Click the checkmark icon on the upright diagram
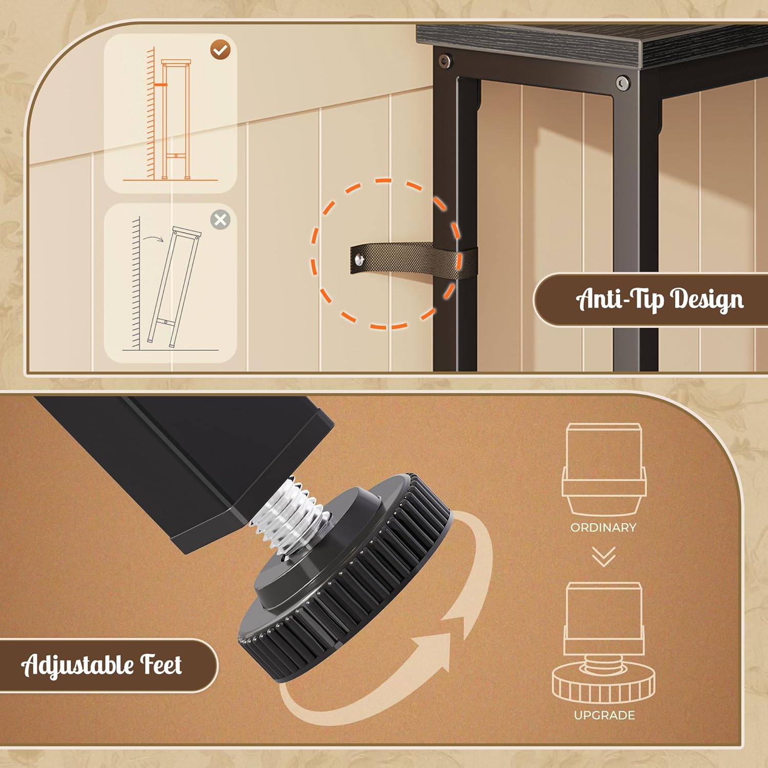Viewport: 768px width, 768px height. (x=221, y=50)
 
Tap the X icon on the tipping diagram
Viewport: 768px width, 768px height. (x=220, y=220)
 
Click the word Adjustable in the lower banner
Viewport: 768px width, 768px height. (x=77, y=666)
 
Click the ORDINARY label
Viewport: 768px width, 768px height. (x=603, y=527)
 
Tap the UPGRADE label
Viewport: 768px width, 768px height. (x=604, y=715)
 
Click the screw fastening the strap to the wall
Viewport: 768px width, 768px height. (x=361, y=260)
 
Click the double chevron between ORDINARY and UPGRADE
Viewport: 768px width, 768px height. (x=604, y=557)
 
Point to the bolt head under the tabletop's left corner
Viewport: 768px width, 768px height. (x=444, y=61)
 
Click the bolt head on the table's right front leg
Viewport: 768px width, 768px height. (x=623, y=83)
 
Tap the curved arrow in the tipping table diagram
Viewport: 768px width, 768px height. (x=153, y=238)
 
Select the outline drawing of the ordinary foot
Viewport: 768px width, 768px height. (x=604, y=469)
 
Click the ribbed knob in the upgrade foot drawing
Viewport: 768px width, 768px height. (x=604, y=682)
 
